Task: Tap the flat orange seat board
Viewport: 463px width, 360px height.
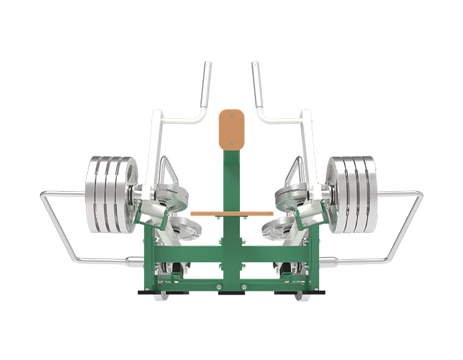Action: [x=224, y=214]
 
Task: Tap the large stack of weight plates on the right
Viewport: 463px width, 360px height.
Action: [x=351, y=194]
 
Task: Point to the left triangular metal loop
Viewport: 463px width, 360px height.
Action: [x=167, y=171]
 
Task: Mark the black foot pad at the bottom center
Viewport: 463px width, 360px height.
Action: [x=231, y=291]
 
